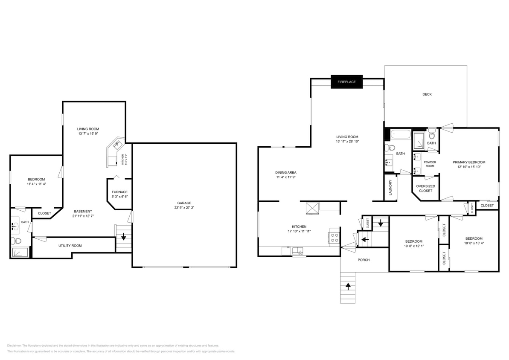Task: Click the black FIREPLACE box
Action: click(x=346, y=81)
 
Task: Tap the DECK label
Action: click(x=427, y=94)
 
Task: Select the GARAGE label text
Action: click(x=184, y=203)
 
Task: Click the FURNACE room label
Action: click(x=119, y=192)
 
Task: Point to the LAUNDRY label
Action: click(x=390, y=187)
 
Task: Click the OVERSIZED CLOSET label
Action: click(x=425, y=189)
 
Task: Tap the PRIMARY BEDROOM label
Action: click(x=469, y=162)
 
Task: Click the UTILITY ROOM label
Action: click(x=70, y=246)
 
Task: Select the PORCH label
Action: click(x=364, y=260)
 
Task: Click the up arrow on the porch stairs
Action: click(x=348, y=286)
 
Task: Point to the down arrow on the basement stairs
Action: click(x=124, y=236)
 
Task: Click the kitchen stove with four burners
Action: click(x=334, y=238)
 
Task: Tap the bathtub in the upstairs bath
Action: click(x=401, y=135)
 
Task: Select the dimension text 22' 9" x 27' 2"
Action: click(x=184, y=208)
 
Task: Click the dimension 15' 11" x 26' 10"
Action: click(x=347, y=142)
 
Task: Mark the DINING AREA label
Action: click(x=285, y=172)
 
